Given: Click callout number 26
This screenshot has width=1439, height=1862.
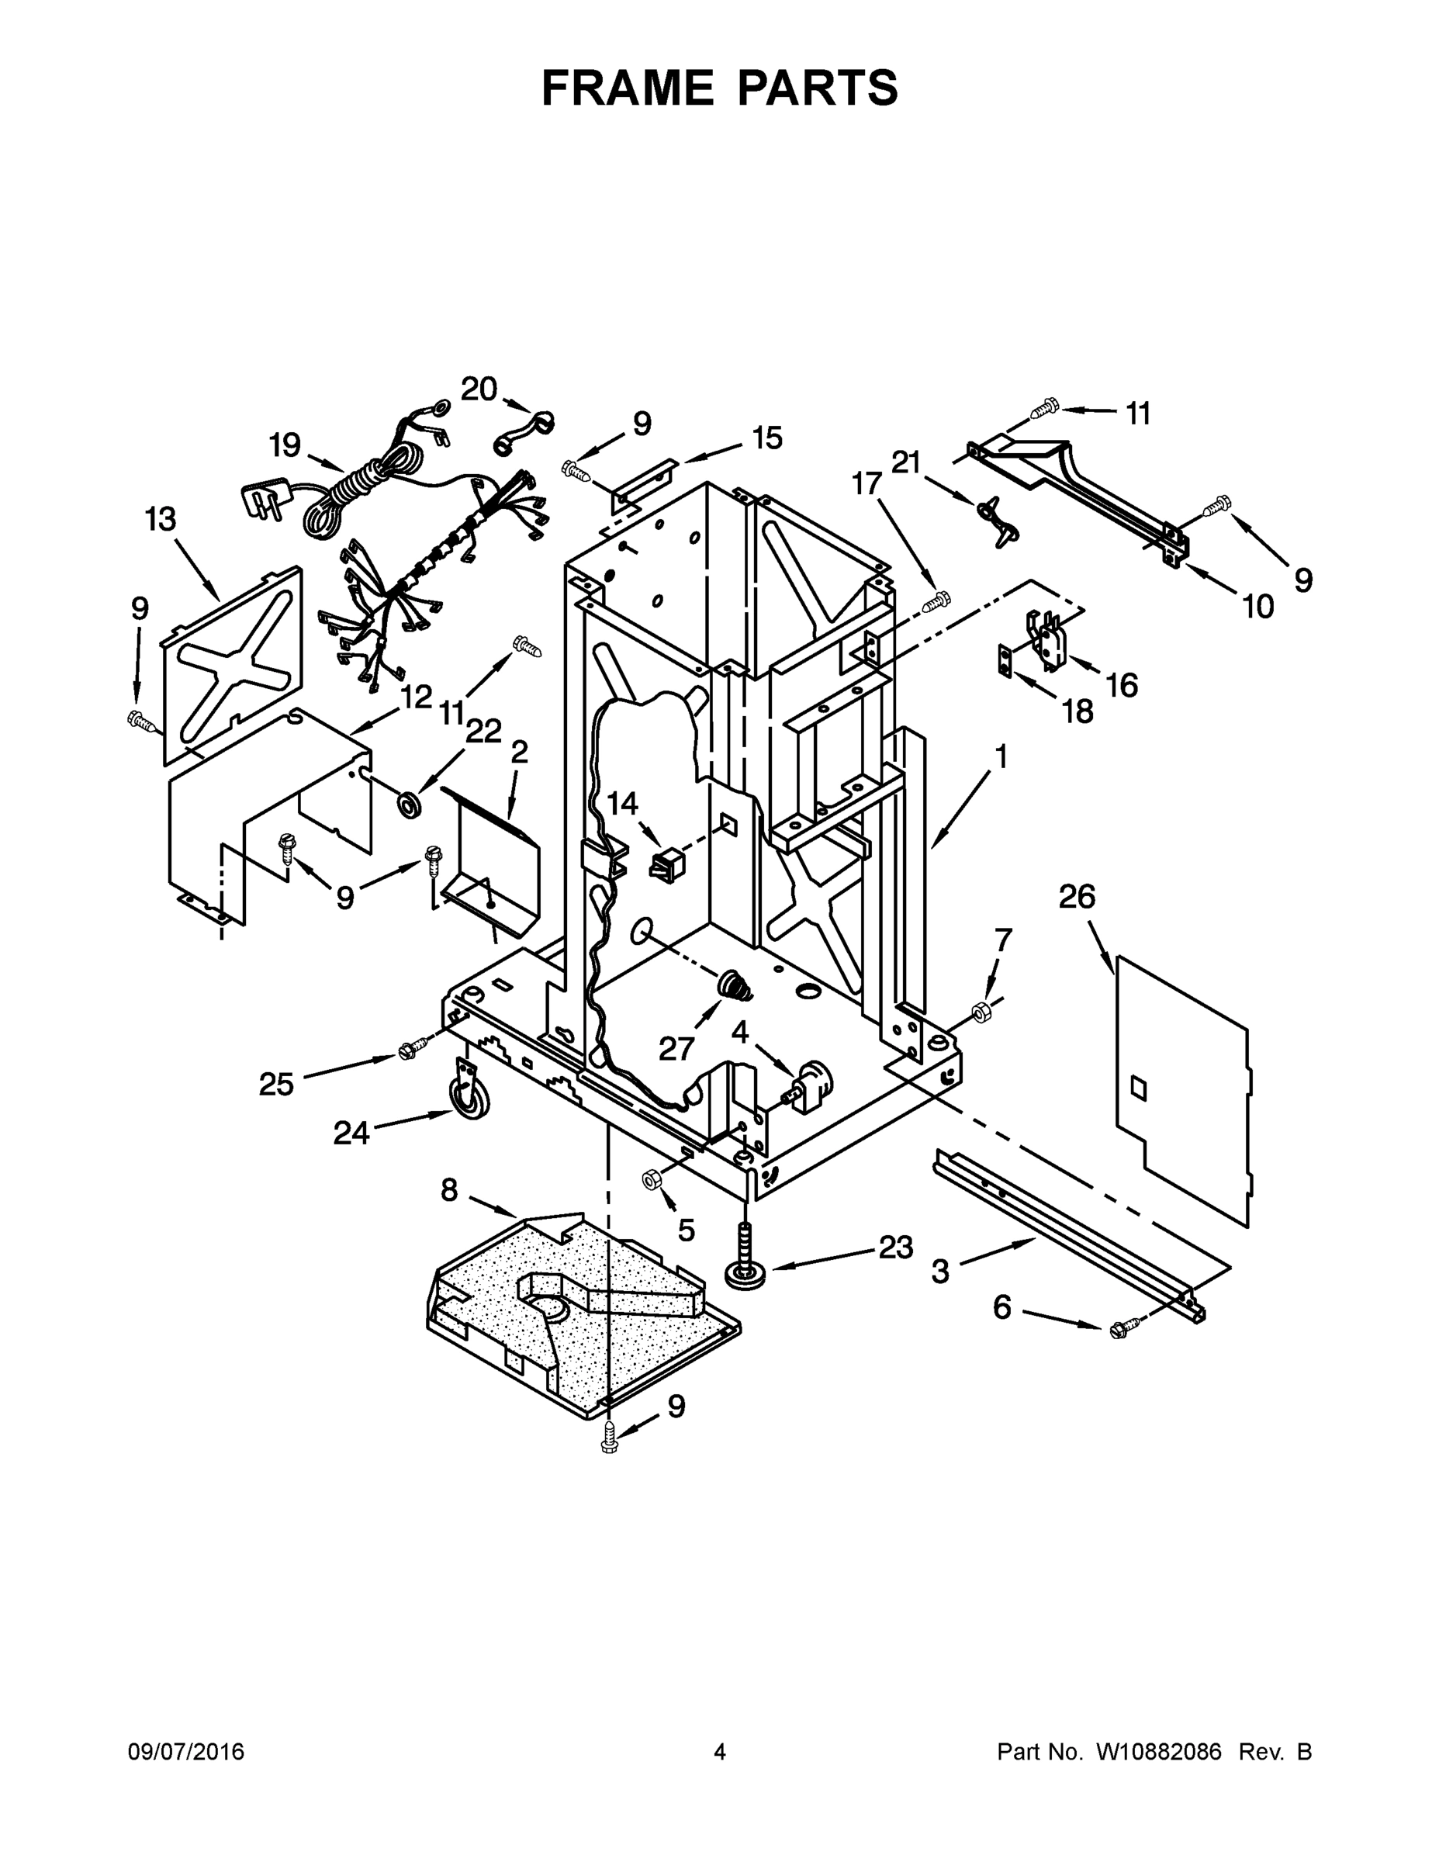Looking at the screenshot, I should (1077, 897).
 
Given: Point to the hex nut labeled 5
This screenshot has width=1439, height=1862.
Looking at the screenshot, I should (653, 1179).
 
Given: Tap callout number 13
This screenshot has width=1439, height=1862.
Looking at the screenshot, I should (161, 518).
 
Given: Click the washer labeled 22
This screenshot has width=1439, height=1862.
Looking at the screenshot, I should (412, 802).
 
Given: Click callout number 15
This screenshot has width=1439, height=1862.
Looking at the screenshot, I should (766, 438).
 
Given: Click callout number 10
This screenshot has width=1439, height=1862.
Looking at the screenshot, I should (1257, 606).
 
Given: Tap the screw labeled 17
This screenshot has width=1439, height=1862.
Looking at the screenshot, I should (936, 601).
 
